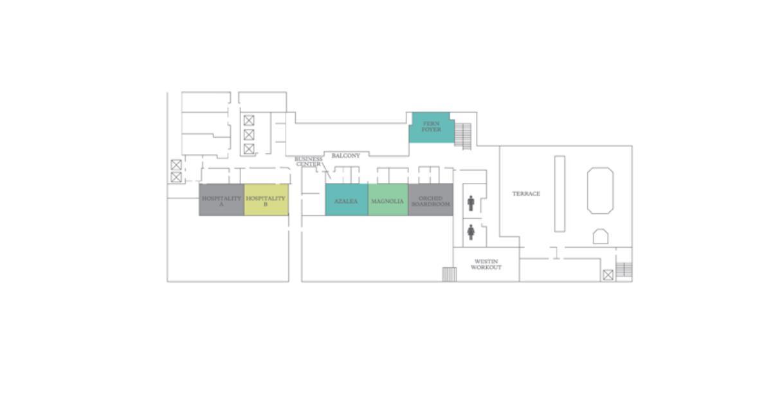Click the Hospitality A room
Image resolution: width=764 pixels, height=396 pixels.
coord(222,200)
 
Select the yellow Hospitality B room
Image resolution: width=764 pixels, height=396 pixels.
coord(266,200)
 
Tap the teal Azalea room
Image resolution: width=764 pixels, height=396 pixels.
coord(347,200)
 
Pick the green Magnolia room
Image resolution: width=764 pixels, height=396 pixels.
coord(388,200)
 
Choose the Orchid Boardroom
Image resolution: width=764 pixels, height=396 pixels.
coord(431,200)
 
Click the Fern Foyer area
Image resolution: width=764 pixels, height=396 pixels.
coord(432,127)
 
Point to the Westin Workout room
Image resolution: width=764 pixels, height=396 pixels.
coord(486,265)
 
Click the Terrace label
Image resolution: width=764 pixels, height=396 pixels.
coord(526,194)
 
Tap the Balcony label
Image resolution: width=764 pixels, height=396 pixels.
coord(345,156)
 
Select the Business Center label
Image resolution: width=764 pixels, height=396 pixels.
coord(308,162)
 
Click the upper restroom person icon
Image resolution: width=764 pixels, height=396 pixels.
coord(471,203)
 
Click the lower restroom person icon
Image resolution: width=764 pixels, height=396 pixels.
coord(471,232)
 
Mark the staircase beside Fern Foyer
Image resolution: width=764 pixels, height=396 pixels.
coord(463,136)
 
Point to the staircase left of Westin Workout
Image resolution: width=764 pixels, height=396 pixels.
coord(450,274)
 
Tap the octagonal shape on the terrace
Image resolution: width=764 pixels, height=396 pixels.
coord(600,191)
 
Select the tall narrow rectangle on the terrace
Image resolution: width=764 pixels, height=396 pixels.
coord(560,194)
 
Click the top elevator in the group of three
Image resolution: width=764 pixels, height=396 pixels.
coord(249,120)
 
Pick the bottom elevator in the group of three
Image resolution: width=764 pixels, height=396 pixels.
coord(249,149)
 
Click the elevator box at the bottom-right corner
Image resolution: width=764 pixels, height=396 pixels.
coord(608,275)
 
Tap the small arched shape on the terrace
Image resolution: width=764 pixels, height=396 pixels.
coord(600,236)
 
